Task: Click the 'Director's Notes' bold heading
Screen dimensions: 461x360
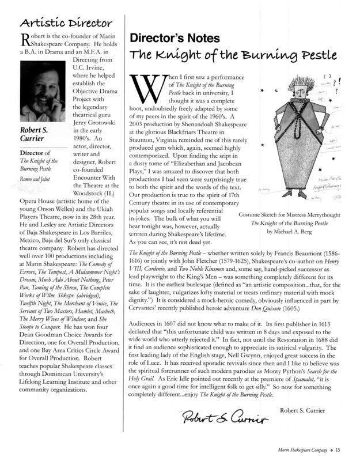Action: pos(175,39)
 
